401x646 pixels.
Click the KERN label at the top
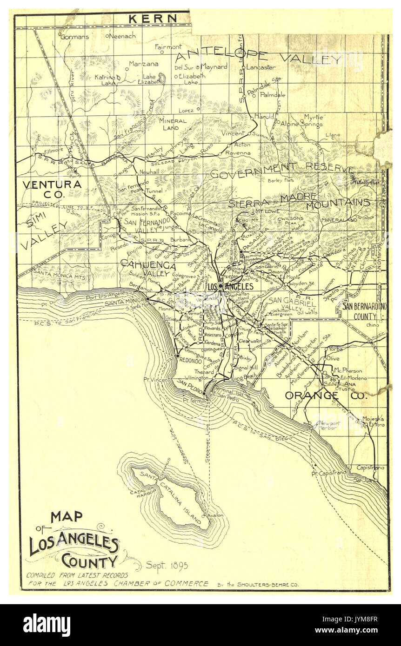click(153, 19)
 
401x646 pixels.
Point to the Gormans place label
click(74, 37)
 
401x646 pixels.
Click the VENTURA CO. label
click(52, 189)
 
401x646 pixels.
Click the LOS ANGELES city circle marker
click(221, 286)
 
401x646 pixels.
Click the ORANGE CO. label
click(325, 396)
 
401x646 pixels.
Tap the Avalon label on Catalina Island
click(216, 515)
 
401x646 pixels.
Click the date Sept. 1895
click(167, 566)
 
